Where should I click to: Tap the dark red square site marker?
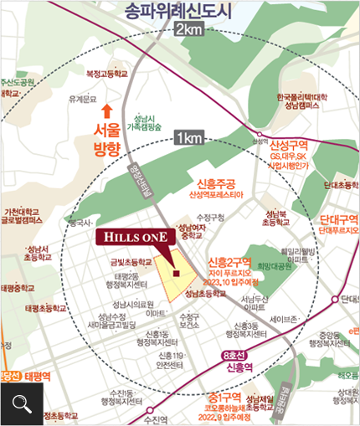(x=176, y=272)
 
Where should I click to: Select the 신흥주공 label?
(x=216, y=183)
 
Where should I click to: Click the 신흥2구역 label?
(x=229, y=261)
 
